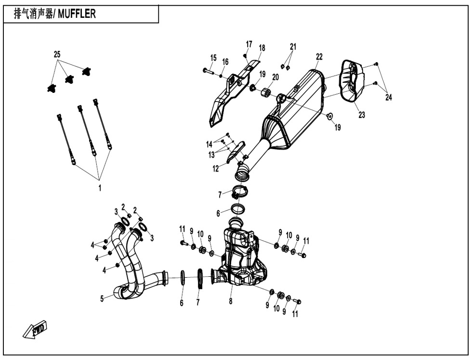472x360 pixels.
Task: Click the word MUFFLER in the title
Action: point(77,14)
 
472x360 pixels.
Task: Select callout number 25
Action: point(57,54)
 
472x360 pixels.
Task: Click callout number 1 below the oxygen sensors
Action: point(100,188)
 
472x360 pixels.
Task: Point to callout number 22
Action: point(319,56)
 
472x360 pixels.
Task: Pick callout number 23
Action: point(362,115)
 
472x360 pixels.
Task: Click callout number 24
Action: point(389,97)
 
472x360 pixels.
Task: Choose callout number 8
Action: point(231,301)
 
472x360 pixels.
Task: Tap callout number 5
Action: point(102,299)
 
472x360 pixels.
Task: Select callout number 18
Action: point(262,48)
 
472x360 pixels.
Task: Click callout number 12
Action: point(216,169)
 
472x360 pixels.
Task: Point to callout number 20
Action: point(275,77)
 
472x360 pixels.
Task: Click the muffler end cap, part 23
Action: point(352,80)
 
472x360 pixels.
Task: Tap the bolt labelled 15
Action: point(208,71)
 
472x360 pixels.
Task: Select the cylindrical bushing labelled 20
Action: point(265,92)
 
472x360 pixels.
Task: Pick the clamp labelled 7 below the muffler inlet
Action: point(240,193)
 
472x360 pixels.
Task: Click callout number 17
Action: point(249,44)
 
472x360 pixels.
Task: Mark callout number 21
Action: point(293,47)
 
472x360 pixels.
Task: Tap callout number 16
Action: point(225,62)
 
